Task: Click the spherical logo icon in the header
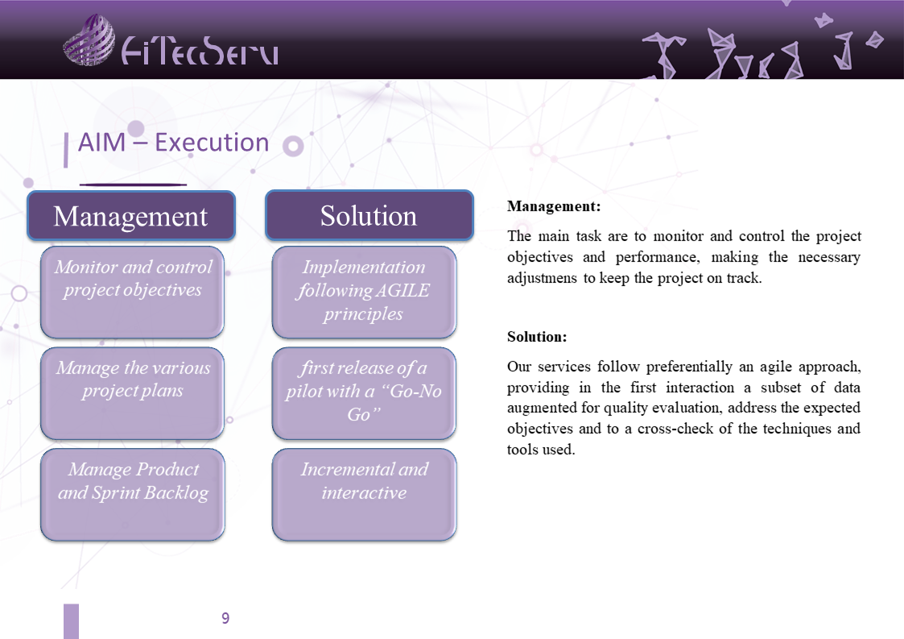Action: pyautogui.click(x=89, y=39)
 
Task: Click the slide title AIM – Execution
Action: pyautogui.click(x=174, y=142)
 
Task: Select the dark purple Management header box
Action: pyautogui.click(x=131, y=215)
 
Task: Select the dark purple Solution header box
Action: pyautogui.click(x=369, y=215)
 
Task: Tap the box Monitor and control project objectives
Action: pyautogui.click(x=133, y=292)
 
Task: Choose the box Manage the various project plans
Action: pyautogui.click(x=133, y=393)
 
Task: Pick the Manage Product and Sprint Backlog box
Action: pyautogui.click(x=133, y=495)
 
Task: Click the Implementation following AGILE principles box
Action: pyautogui.click(x=365, y=292)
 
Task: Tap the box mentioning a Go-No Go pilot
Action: pyautogui.click(x=365, y=393)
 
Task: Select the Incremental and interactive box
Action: pyautogui.click(x=365, y=495)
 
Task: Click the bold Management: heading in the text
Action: pyautogui.click(x=554, y=206)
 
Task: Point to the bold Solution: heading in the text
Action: pyautogui.click(x=537, y=337)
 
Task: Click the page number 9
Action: pyautogui.click(x=225, y=618)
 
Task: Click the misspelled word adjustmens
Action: pyautogui.click(x=542, y=278)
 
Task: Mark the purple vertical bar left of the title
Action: pyautogui.click(x=66, y=150)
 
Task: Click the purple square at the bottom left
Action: pyautogui.click(x=71, y=621)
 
